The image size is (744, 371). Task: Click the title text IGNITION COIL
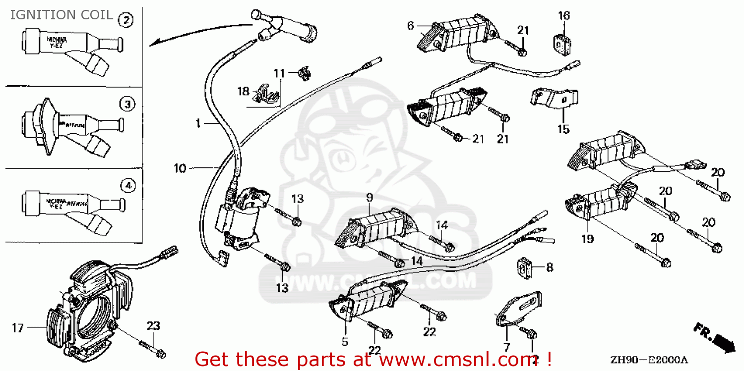click(x=62, y=15)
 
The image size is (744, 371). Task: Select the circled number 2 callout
click(x=126, y=20)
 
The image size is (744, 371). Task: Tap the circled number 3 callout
click(x=127, y=104)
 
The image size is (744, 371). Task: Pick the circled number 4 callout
click(x=127, y=186)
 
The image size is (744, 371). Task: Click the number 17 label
click(x=18, y=328)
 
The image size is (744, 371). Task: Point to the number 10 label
click(x=180, y=169)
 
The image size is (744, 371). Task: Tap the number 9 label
click(x=370, y=198)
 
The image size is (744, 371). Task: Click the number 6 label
click(x=410, y=25)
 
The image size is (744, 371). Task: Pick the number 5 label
click(x=345, y=341)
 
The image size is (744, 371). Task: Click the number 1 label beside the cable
click(x=197, y=123)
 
